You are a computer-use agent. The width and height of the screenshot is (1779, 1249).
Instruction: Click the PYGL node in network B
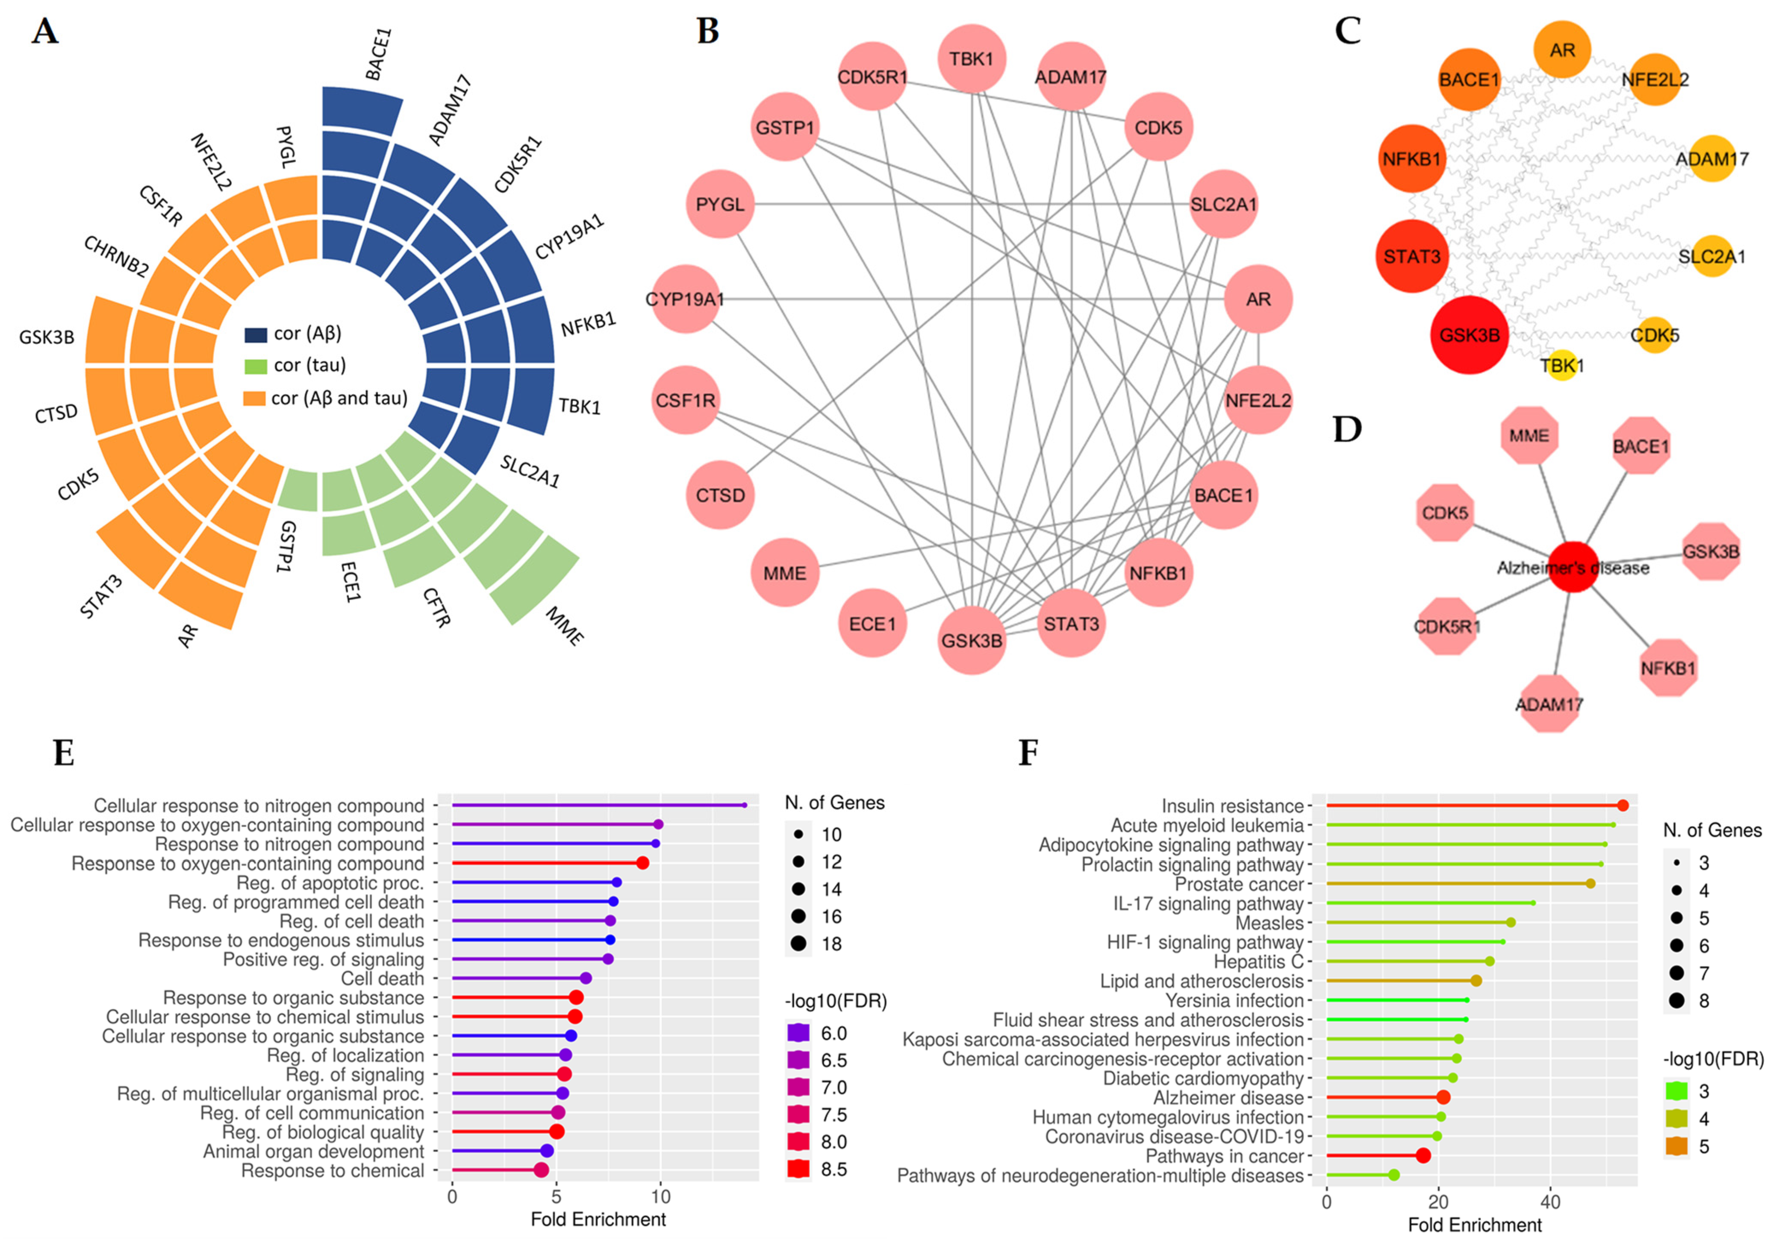click(720, 205)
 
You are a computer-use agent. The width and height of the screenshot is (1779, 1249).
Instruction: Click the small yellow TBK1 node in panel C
click(1562, 365)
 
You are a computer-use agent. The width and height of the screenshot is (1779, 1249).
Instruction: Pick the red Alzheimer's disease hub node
click(1573, 568)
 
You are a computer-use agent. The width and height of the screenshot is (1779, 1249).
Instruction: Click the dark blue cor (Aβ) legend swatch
click(256, 334)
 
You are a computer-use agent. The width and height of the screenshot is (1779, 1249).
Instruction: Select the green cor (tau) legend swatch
click(256, 366)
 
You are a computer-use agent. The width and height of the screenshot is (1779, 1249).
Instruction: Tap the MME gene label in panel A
click(565, 626)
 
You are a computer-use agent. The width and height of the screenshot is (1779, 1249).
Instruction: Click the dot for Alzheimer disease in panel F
click(1443, 1097)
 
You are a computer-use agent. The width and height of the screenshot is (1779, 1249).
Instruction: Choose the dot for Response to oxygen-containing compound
click(642, 862)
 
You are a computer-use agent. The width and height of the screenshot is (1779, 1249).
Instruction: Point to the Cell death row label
click(383, 979)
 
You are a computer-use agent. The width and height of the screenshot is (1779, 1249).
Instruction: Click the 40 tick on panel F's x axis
click(1549, 1202)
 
